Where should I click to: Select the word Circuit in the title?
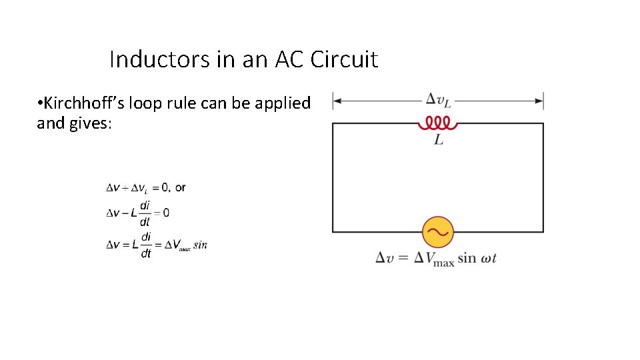(346, 59)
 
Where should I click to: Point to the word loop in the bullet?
(150, 104)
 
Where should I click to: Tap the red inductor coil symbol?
(437, 123)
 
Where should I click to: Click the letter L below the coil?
(439, 140)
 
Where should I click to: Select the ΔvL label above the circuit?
(437, 100)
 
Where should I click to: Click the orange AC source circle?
(438, 232)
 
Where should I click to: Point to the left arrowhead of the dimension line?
(337, 101)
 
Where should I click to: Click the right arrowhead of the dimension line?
(539, 101)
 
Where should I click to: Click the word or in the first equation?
(180, 187)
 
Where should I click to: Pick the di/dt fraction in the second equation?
(145, 213)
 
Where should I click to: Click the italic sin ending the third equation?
(200, 245)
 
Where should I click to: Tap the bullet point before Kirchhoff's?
(40, 104)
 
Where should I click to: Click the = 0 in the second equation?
(161, 213)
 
